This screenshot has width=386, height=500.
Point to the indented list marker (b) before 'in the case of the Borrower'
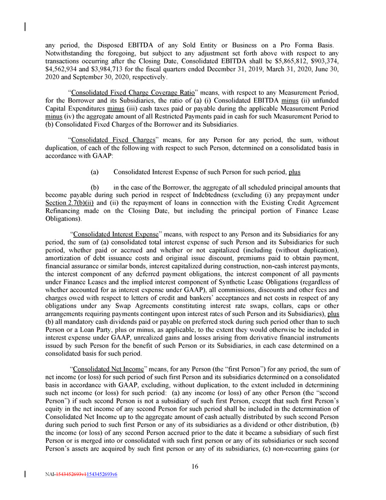point(94,187)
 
